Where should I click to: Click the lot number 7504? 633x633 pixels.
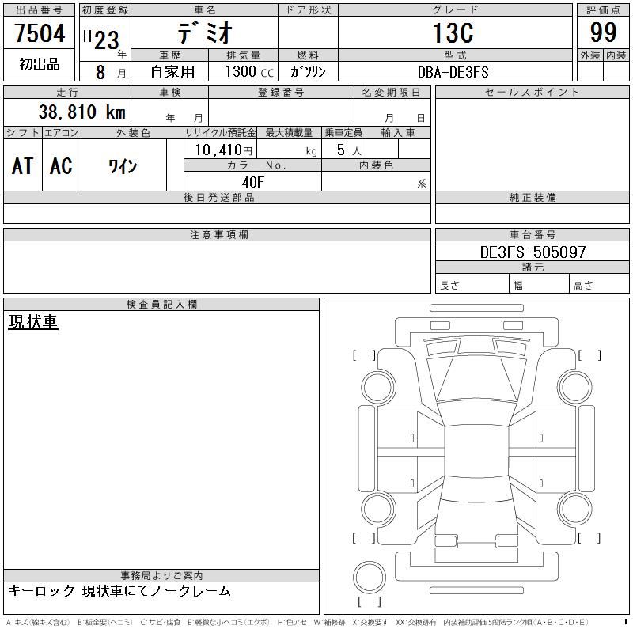pos(40,32)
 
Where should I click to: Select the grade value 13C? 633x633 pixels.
pos(453,32)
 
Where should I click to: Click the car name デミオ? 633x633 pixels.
pos(205,32)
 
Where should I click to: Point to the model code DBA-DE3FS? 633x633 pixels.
pos(453,72)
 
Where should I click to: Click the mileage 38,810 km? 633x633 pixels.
pos(82,112)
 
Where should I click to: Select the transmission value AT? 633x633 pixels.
pos(22,166)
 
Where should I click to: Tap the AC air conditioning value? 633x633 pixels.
pos(61,166)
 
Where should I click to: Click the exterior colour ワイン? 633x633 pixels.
pos(123,166)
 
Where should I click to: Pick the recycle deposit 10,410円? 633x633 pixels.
pos(224,150)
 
